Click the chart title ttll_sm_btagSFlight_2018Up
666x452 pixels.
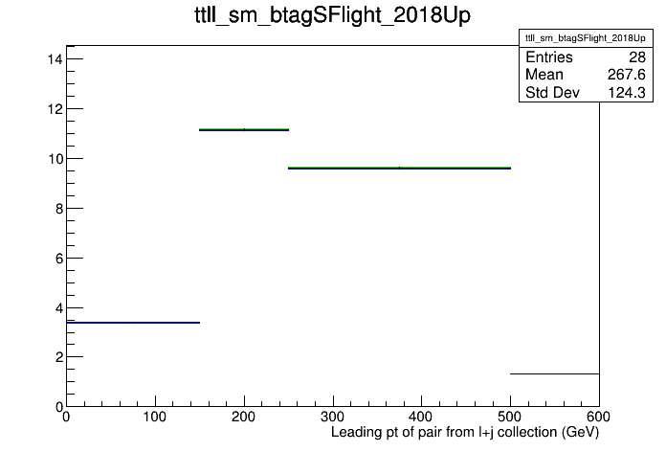click(332, 16)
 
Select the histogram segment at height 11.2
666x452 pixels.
click(244, 129)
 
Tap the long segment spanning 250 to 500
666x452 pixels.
click(399, 168)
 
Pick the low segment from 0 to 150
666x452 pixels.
click(133, 323)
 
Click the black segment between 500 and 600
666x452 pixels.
click(555, 373)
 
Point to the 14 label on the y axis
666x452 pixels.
click(55, 59)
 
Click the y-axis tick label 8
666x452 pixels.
click(58, 209)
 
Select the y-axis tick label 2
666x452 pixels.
click(58, 357)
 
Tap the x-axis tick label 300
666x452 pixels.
click(333, 417)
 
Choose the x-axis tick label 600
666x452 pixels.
click(598, 417)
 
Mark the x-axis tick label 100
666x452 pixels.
click(155, 417)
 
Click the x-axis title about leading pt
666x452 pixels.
click(465, 432)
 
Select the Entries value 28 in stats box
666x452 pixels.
click(637, 56)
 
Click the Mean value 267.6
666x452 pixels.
click(626, 75)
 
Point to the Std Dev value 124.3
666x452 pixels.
click(627, 92)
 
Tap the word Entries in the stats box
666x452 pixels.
click(548, 56)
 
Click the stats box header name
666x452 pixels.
click(586, 38)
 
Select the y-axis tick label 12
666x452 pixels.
click(55, 109)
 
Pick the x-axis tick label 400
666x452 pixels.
click(421, 417)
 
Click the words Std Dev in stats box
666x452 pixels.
click(552, 92)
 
